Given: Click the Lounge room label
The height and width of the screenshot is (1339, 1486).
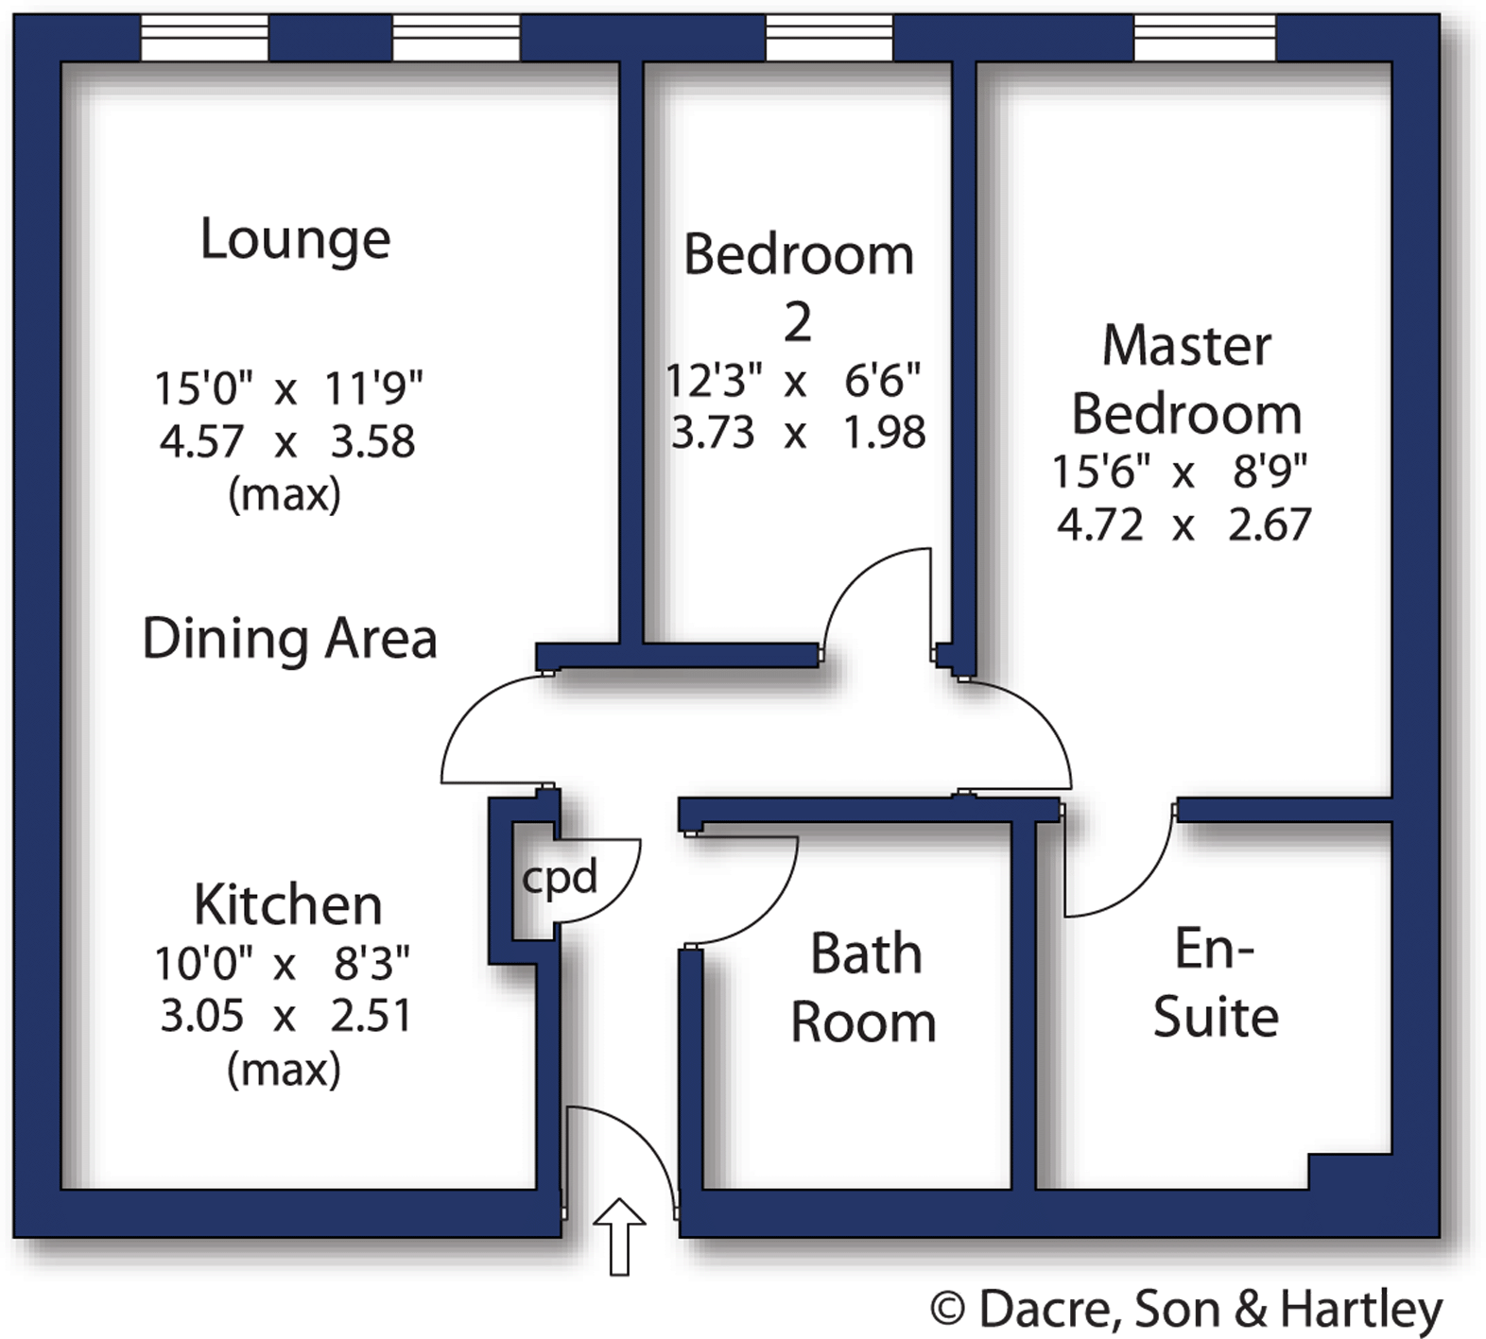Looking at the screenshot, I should tap(295, 240).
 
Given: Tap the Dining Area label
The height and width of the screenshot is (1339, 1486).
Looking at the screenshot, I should tap(289, 639).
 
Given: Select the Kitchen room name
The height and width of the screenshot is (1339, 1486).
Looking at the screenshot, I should tap(288, 905).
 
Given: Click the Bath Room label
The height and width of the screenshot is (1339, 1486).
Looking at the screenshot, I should tap(864, 987).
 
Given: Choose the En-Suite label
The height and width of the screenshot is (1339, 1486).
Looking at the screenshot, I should tap(1216, 983).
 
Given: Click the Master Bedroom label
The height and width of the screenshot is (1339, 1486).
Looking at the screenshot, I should tap(1186, 380).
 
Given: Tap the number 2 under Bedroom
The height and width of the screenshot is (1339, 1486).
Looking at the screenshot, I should tap(798, 323).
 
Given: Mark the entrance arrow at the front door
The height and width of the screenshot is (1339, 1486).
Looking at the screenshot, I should tap(619, 1236).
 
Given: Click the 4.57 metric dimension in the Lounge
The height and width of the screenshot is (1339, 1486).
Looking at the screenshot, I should tap(201, 441).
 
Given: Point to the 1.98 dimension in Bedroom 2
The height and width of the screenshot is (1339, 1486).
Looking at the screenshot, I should tap(884, 432).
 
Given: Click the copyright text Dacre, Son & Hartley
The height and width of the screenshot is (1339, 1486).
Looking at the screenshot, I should tap(1187, 1309).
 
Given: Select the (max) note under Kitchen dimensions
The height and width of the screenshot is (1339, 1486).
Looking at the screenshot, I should tap(284, 1070).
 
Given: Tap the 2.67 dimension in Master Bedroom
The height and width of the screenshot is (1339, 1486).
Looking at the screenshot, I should tap(1270, 524).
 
